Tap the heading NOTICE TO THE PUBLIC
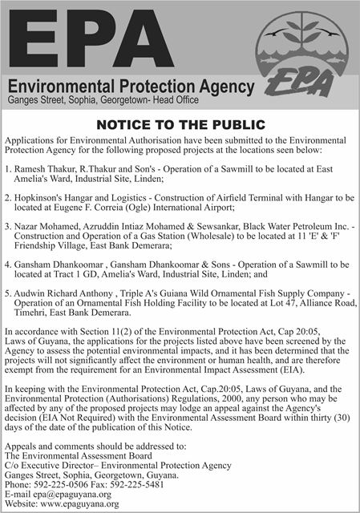click(180, 124)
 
